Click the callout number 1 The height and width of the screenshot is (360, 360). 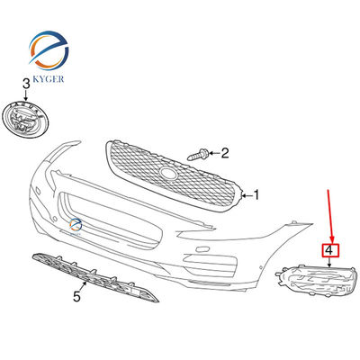coord(256,195)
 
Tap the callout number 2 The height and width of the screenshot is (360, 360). coord(225,153)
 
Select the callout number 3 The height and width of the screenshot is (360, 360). coord(26,84)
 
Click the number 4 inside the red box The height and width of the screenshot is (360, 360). coord(329,250)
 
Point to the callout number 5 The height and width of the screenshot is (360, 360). coord(76,297)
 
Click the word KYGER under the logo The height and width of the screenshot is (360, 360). coord(49,78)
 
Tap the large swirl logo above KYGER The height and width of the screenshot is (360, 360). coord(49,50)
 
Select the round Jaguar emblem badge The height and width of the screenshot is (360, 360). coord(26,120)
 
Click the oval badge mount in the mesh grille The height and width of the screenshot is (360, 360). coord(168,173)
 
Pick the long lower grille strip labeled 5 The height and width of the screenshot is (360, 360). coord(95,276)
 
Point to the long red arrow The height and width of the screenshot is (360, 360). coord(330,215)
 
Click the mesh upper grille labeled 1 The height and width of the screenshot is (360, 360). coord(175,176)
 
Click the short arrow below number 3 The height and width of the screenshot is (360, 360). coord(26,95)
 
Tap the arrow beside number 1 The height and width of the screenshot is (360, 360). coord(247,196)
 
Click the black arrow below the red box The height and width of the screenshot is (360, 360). coord(329,262)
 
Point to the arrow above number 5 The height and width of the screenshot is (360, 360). coord(83,286)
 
